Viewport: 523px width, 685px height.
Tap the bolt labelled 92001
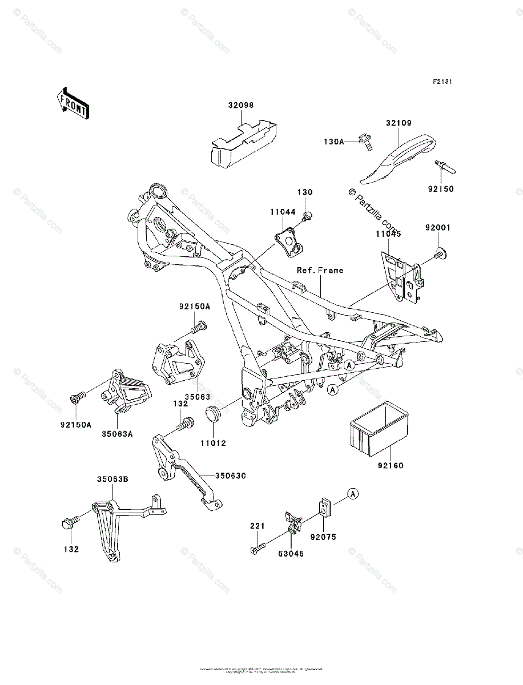click(x=439, y=253)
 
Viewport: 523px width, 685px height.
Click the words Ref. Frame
click(x=319, y=270)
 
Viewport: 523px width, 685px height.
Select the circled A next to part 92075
click(x=354, y=493)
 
